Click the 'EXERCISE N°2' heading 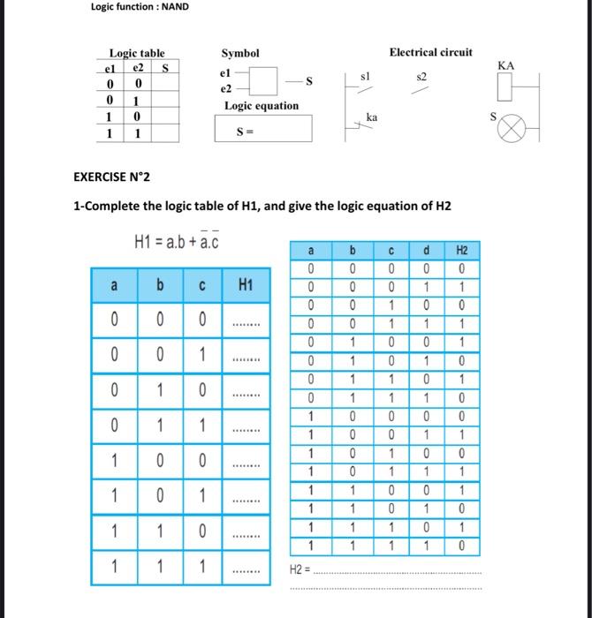tap(111, 177)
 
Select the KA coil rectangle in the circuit tap(505, 88)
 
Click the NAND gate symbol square tap(263, 81)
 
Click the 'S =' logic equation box tap(262, 131)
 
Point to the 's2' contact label tap(421, 78)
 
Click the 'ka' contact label tap(371, 117)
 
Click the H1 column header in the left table tap(245, 285)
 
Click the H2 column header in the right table tap(461, 251)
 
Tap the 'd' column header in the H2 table tap(428, 251)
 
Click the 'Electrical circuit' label tap(430, 52)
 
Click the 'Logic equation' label tap(262, 106)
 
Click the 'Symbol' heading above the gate tap(239, 53)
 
